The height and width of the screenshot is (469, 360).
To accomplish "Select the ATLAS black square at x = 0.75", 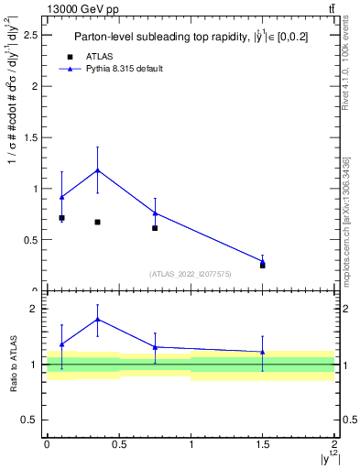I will [155, 228].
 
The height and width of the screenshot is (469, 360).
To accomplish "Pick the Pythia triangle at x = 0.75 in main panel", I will [155, 213].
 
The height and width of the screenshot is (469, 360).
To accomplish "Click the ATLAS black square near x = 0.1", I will [61, 218].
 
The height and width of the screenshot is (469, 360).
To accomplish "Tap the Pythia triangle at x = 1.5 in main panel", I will [263, 261].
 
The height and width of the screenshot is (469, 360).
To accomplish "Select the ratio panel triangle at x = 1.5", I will [263, 352].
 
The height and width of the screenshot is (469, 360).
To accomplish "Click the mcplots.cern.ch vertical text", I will [345, 211].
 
